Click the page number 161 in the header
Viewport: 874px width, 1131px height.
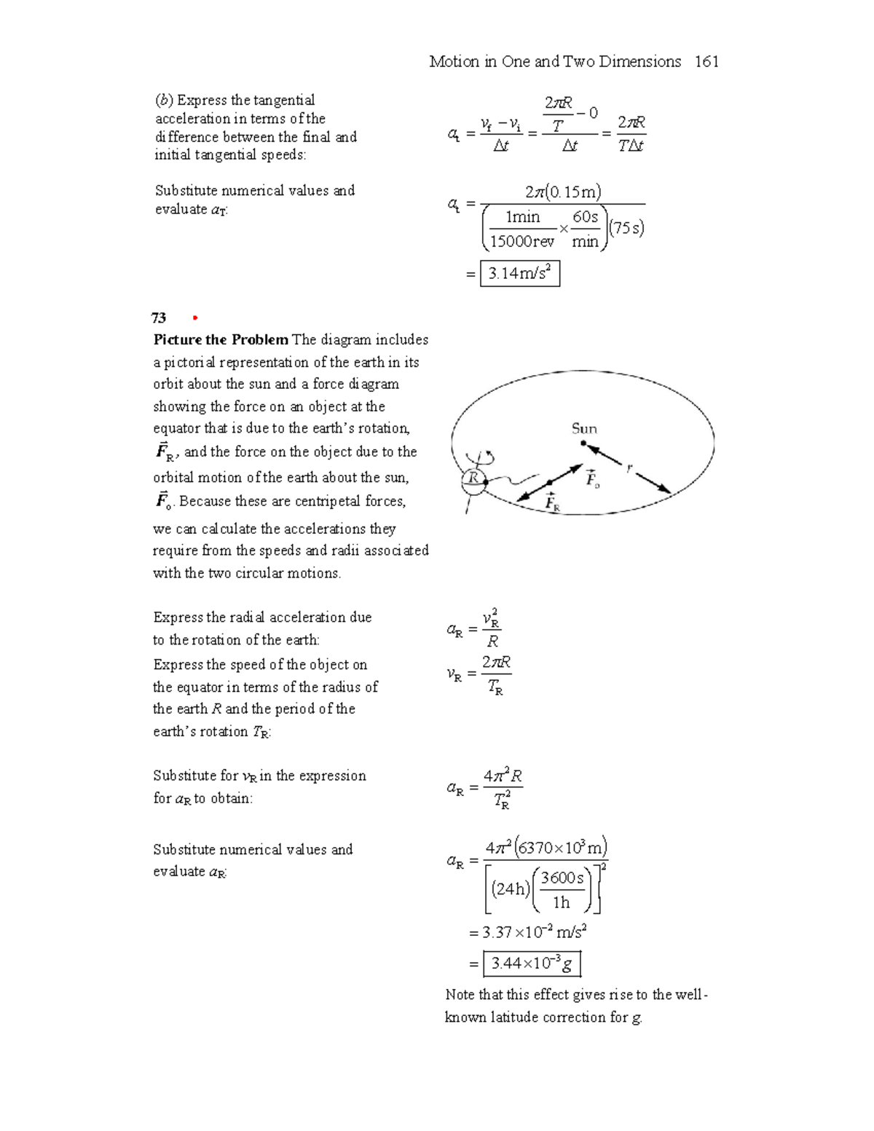pyautogui.click(x=706, y=62)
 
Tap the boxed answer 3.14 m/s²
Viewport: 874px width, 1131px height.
pyautogui.click(x=520, y=274)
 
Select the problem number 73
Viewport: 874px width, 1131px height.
pyautogui.click(x=159, y=318)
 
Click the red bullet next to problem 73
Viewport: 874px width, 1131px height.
pyautogui.click(x=194, y=318)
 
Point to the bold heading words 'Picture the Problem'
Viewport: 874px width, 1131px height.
pyautogui.click(x=221, y=340)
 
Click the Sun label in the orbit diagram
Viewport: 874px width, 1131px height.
pyautogui.click(x=584, y=428)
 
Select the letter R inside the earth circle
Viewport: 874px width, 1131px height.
pyautogui.click(x=474, y=478)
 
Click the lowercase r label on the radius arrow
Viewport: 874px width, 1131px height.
pyautogui.click(x=629, y=468)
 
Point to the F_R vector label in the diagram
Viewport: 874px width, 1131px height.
pyautogui.click(x=553, y=503)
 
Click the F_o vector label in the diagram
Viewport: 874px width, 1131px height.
pyautogui.click(x=593, y=478)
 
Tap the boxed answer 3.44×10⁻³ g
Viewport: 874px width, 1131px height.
pyautogui.click(x=532, y=964)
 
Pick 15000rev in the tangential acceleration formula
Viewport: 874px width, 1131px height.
pyautogui.click(x=522, y=242)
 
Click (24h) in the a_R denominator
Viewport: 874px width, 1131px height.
pyautogui.click(x=511, y=888)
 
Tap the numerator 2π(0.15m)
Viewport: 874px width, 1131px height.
pyautogui.click(x=563, y=192)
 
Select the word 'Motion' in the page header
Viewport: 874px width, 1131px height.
pyautogui.click(x=454, y=62)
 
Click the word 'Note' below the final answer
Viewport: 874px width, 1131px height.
pyautogui.click(x=460, y=995)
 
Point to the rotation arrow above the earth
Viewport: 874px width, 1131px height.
pyautogui.click(x=486, y=457)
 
